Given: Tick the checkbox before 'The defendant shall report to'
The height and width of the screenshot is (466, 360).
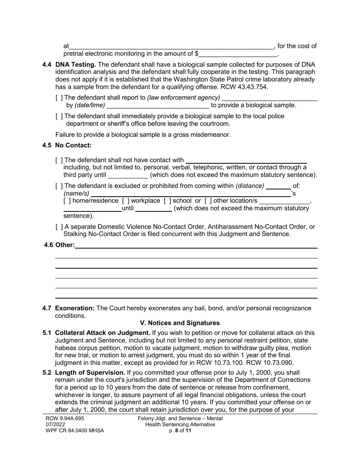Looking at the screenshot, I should coord(59,98).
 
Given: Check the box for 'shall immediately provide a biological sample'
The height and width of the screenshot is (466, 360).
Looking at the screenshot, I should coord(59,116).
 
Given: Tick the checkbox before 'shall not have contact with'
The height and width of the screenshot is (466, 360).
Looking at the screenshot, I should coord(59,160).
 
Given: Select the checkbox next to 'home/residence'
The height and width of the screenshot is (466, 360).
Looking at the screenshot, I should coord(67,201).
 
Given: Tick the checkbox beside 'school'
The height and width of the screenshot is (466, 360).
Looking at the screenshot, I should coord(167,201).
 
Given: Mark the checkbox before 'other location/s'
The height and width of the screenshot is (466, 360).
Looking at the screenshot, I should coord(208,201).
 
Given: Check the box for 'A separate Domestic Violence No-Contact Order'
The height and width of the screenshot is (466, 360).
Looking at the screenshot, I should coord(59,227).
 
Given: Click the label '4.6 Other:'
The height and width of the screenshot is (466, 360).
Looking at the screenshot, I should coord(59,245).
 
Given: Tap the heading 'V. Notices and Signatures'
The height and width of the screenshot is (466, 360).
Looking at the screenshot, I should coord(180,323).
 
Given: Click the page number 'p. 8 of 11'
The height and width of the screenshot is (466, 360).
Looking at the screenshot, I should coord(180,430).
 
